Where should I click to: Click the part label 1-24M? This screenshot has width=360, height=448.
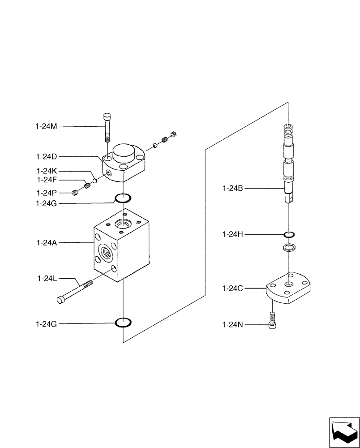coord(47,127)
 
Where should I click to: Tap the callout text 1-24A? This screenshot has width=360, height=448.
coord(47,243)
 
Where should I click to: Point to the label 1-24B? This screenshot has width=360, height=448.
coord(233,189)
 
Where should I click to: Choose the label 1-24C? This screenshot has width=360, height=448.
coord(233,289)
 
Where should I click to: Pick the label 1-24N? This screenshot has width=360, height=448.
coord(233,324)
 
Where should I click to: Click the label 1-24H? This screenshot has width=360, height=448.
coord(233,234)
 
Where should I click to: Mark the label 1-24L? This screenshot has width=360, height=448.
coord(47,279)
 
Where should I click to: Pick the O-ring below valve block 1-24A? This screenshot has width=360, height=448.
coord(123,323)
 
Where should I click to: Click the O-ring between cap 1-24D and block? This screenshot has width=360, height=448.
coord(123,198)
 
